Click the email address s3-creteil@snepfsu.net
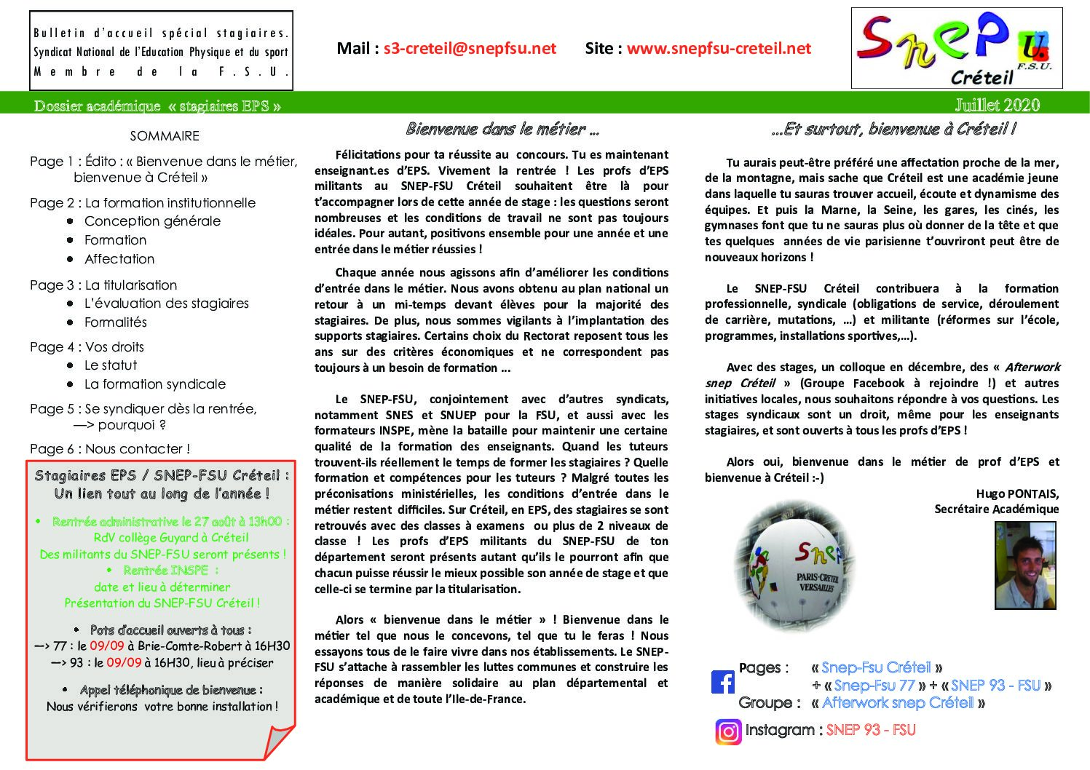(470, 49)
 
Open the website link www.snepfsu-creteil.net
(719, 49)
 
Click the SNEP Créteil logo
(956, 49)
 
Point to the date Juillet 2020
(997, 106)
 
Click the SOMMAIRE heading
(165, 136)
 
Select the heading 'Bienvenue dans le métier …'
(502, 130)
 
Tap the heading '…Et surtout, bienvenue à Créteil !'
(893, 130)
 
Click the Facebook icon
(723, 682)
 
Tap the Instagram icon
(727, 731)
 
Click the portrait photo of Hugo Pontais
(1025, 565)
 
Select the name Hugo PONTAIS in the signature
(1017, 494)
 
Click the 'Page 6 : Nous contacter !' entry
(110, 449)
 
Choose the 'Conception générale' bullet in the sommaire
(152, 221)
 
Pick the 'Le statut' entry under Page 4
(111, 365)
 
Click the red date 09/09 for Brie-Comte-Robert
(107, 646)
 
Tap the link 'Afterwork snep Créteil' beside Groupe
(898, 703)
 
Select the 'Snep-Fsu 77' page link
(874, 686)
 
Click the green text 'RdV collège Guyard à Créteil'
(171, 538)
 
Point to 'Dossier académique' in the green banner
(97, 106)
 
